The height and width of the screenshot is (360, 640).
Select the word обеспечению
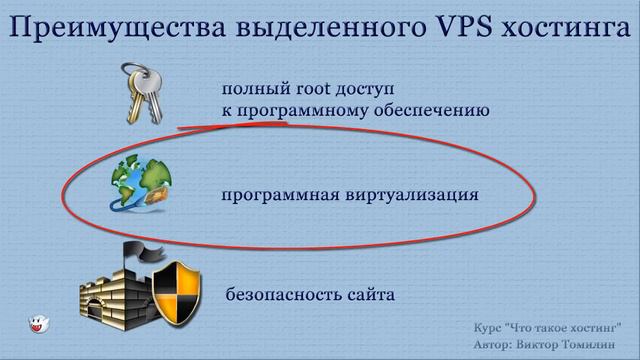pyautogui.click(x=435, y=110)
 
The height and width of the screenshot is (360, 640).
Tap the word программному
pyautogui.click(x=301, y=110)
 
